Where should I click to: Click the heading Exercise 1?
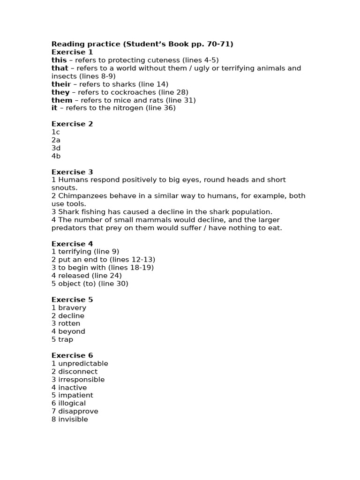[72, 52]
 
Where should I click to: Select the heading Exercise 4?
[72, 244]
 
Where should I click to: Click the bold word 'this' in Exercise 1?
[59, 60]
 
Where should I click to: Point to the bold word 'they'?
[60, 92]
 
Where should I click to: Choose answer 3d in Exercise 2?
[56, 148]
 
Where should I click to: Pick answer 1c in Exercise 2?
[55, 132]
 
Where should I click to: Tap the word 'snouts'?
[64, 187]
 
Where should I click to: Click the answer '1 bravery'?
[69, 307]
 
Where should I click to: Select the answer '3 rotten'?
[66, 323]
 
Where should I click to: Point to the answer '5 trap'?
[62, 339]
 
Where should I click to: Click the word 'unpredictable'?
[83, 363]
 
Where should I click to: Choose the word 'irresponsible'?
[81, 379]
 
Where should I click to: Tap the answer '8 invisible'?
[69, 419]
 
